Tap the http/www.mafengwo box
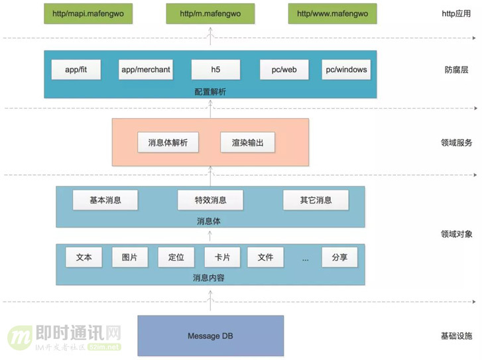click(332, 13)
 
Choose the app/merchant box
click(146, 69)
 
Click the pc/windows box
click(345, 69)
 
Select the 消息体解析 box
click(168, 143)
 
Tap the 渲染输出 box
click(247, 143)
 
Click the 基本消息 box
click(105, 200)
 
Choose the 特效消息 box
click(210, 200)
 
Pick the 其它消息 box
click(316, 200)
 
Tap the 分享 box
click(339, 257)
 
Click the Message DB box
click(210, 336)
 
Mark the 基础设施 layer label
click(456, 336)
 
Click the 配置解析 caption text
click(210, 91)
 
